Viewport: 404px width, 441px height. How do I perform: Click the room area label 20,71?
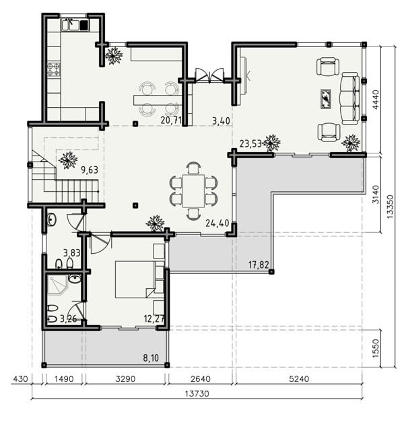tap(171, 121)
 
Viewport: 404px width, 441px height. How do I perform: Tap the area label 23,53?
tap(250, 143)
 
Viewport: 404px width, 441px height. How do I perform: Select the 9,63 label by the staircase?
tap(90, 170)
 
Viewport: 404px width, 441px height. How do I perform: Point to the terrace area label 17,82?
tap(259, 265)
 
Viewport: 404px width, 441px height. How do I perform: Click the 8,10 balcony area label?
tap(151, 358)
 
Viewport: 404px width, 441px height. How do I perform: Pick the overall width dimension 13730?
tap(197, 393)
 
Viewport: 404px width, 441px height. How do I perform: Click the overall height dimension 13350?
tap(390, 207)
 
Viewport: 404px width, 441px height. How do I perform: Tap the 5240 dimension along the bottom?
tap(299, 379)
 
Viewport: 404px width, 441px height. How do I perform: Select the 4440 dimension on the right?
tap(376, 100)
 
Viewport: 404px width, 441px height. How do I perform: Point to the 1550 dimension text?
tap(376, 349)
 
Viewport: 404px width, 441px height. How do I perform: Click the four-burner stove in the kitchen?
tap(53, 69)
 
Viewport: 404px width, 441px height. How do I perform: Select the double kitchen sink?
tap(70, 25)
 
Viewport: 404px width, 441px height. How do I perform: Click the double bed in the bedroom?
tap(135, 279)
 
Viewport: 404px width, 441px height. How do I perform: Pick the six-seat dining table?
tap(193, 191)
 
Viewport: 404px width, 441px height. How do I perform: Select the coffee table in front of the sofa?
tap(326, 99)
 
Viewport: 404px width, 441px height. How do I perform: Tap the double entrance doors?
tap(209, 75)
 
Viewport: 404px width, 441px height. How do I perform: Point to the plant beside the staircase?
tap(68, 160)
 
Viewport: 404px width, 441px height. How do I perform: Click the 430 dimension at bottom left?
tap(21, 379)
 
